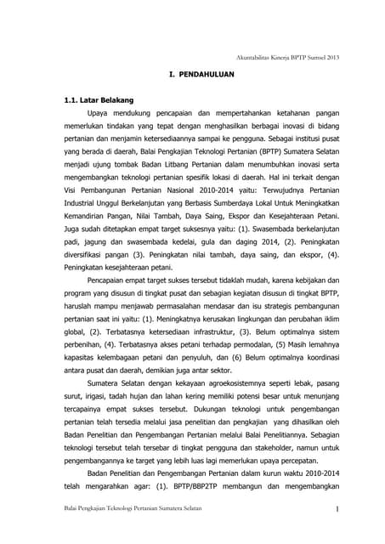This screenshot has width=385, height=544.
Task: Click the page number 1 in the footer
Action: coord(337,509)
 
